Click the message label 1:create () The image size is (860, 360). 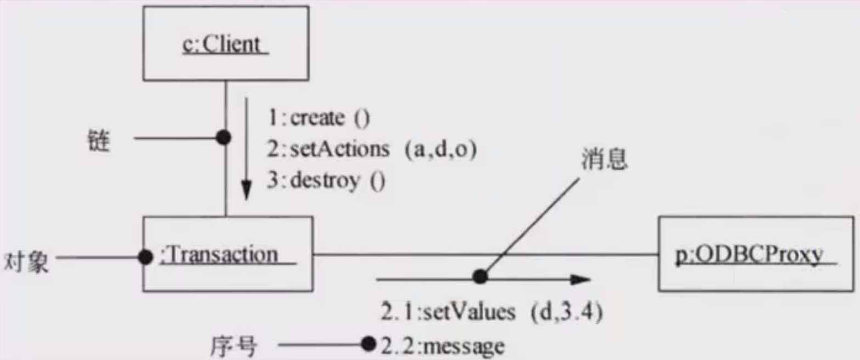coord(318,117)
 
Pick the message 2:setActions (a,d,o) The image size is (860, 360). coord(372,149)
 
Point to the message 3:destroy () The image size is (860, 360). coord(326,180)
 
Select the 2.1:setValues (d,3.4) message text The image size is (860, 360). coord(492,312)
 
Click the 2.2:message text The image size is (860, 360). coord(442,346)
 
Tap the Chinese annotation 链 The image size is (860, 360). coord(99,140)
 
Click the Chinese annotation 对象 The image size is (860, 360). coord(26,262)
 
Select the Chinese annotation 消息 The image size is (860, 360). coord(604,158)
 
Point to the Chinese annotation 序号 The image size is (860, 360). coord(234,346)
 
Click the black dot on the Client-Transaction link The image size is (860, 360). coord(223,137)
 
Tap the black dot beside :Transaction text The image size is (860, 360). coord(145,257)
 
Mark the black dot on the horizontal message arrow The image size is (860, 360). coord(480,276)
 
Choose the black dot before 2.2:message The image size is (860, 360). coord(369,344)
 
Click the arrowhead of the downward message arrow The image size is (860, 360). coord(246,190)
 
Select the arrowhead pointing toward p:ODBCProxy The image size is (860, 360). coord(580,279)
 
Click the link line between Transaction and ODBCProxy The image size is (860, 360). coord(486,254)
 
